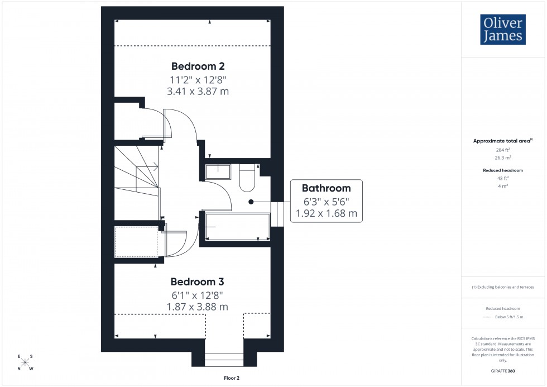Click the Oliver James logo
coord(502,29)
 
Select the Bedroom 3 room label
coord(197,281)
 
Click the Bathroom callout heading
coord(326,188)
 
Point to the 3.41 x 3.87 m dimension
coord(198,91)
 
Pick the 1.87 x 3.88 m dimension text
coord(197,307)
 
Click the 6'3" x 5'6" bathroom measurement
coord(326,201)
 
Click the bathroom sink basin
coord(217,171)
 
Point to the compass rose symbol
coord(25,362)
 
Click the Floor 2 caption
coord(231,378)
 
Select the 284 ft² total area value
coord(503,150)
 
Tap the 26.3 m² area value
coord(503,157)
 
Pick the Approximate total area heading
coord(502,141)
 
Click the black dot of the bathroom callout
coord(251,202)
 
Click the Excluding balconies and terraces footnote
coord(503,287)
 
